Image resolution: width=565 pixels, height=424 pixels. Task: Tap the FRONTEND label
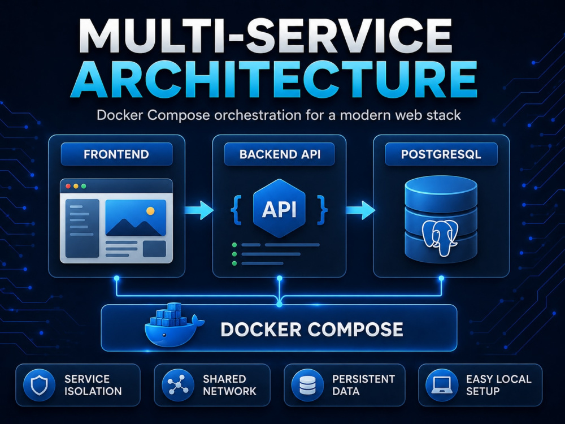pos(116,154)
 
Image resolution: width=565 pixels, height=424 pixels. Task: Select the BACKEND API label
pos(280,154)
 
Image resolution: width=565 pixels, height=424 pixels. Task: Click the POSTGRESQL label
pos(441,154)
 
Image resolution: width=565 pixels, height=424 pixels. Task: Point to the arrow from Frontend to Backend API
pos(199,210)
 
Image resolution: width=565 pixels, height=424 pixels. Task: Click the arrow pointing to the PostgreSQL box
pos(360,210)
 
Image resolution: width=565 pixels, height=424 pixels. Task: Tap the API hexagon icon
pos(279,209)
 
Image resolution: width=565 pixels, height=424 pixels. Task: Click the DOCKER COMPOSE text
pos(312,329)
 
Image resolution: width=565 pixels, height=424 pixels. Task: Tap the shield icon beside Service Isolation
pos(39,385)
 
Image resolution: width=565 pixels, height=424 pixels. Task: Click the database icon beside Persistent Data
pos(307,385)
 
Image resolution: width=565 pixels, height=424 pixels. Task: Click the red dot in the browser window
pos(68,187)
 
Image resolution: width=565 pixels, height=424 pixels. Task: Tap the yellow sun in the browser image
pos(151,211)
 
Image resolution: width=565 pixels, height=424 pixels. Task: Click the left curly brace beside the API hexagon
pos(236,210)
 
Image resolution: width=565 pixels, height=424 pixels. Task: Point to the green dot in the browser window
pos(84,187)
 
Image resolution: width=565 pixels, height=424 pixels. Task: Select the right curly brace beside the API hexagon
pos(322,210)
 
